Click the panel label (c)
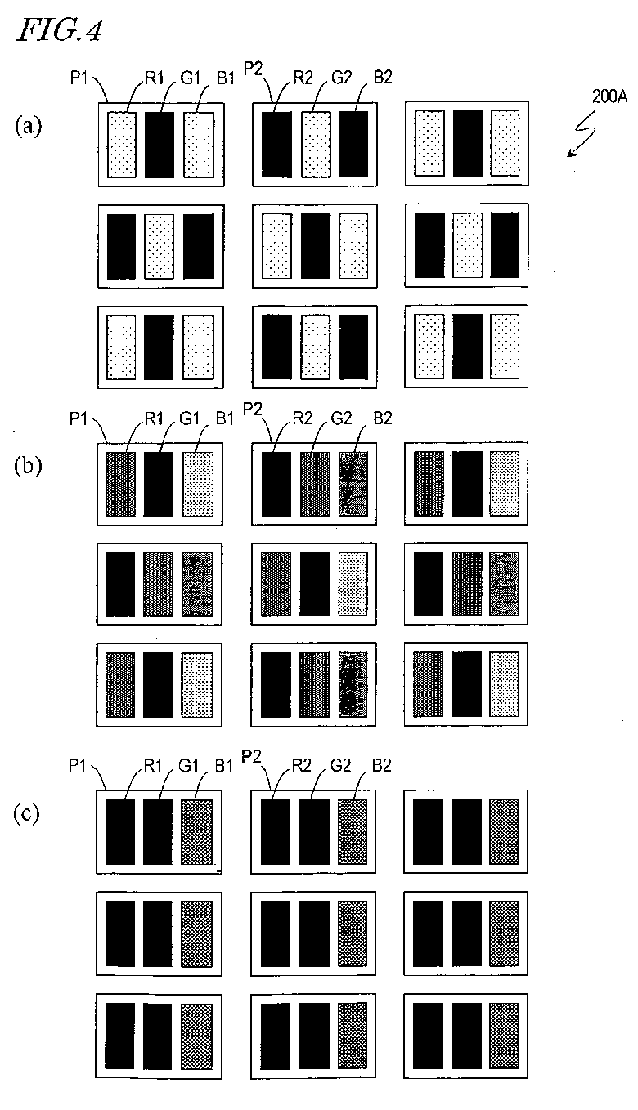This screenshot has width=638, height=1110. pos(29,814)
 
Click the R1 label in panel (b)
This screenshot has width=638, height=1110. pos(153,419)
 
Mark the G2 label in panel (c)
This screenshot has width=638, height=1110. pos(348,767)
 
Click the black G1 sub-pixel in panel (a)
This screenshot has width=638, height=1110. pos(159,145)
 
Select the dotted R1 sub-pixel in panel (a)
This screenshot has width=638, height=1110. pos(122,145)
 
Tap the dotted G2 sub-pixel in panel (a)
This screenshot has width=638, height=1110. pos(316,145)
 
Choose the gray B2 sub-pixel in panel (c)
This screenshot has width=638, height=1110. pos(353,832)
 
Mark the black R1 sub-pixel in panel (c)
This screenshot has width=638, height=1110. pos(121,832)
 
